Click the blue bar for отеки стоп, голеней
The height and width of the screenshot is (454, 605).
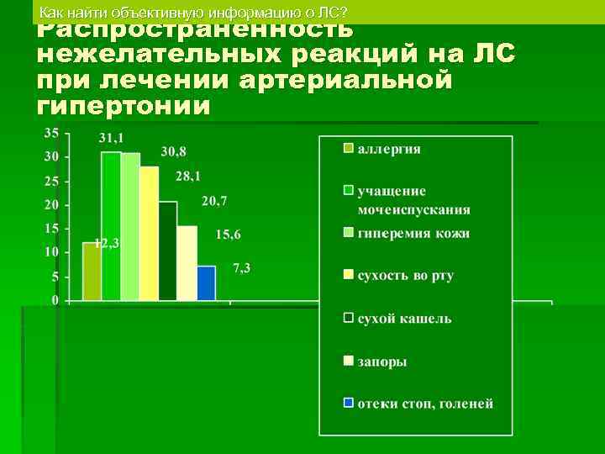[206, 282]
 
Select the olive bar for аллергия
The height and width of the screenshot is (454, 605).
[92, 271]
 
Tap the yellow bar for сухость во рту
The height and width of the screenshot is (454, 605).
[149, 233]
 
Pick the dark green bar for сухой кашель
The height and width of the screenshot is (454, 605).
[168, 251]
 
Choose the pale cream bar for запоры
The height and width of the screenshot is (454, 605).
[187, 262]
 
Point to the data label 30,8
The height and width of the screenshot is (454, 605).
[174, 151]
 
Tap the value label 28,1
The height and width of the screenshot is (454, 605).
[189, 176]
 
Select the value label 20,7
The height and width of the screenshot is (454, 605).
[213, 201]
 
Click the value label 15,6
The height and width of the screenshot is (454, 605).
[228, 235]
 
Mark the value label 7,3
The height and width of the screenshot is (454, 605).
[242, 267]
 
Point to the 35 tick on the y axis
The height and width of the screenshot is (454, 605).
[51, 133]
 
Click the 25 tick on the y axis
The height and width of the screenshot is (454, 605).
[51, 181]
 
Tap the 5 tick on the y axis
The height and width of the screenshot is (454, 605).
[55, 277]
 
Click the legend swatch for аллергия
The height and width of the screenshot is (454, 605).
[347, 150]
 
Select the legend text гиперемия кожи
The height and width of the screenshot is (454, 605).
[413, 234]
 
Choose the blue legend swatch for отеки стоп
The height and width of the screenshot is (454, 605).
[347, 402]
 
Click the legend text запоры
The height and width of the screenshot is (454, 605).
[382, 361]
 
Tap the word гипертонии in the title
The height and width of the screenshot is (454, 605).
[124, 107]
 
